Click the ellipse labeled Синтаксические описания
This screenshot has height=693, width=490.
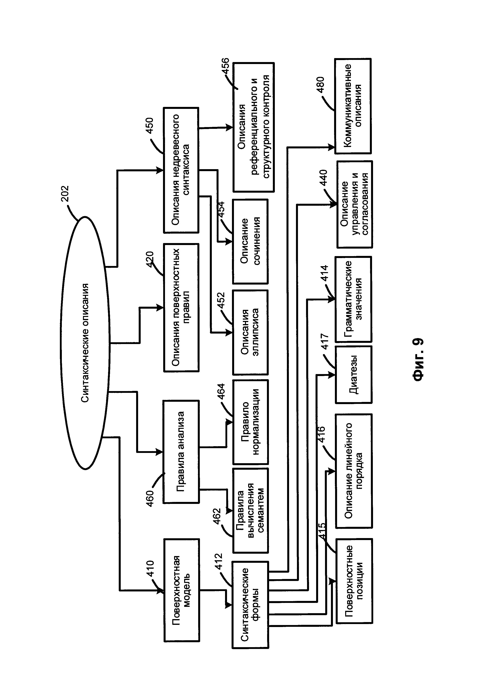coord(85,343)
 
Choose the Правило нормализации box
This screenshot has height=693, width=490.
coord(250,422)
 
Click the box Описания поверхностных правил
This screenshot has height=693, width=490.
coord(181,307)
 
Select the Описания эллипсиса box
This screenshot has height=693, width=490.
coord(250,332)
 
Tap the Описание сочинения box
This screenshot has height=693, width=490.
coord(250,241)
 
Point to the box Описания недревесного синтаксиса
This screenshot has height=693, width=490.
coord(181,170)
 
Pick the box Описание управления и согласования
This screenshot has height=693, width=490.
coord(354,204)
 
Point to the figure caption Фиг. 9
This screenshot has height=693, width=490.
coord(418,359)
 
